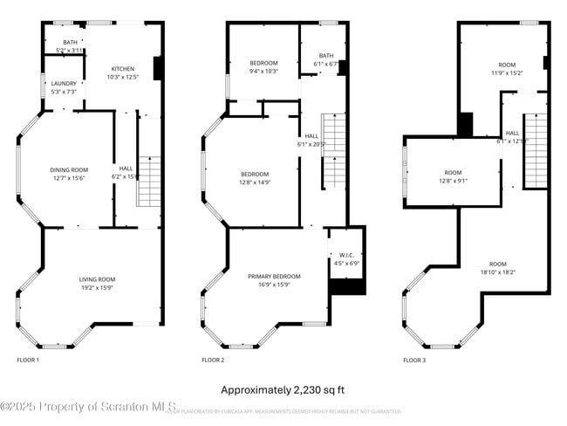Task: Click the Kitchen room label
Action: (x=122, y=73)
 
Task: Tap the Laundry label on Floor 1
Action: (x=64, y=87)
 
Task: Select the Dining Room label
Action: (x=68, y=174)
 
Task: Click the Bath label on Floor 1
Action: (x=69, y=46)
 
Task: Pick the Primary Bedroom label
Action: (x=274, y=280)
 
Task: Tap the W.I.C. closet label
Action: (x=346, y=259)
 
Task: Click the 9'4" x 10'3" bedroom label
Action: (x=263, y=67)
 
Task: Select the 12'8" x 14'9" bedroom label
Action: (x=255, y=177)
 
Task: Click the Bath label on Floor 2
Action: (x=326, y=59)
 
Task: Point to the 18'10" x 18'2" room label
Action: (x=497, y=268)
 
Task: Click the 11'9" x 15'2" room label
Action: (x=507, y=69)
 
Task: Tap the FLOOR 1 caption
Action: (x=28, y=360)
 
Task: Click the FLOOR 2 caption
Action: (x=213, y=360)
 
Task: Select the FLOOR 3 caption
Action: (x=413, y=360)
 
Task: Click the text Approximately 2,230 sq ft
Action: (x=283, y=389)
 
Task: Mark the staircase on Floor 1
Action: (x=149, y=181)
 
